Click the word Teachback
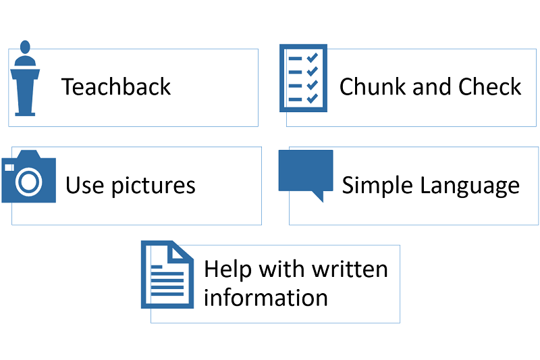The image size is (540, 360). click(116, 87)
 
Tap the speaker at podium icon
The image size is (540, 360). click(25, 80)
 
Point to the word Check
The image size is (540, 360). click(490, 87)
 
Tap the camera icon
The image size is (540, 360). click(28, 177)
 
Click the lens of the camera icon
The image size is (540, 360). click(29, 181)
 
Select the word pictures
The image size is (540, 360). click(152, 186)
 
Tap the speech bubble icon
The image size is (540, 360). click(306, 172)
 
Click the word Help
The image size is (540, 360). click(227, 269)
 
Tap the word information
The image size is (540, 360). click(265, 298)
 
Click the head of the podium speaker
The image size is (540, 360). click(25, 47)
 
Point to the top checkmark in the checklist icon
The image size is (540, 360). click(312, 57)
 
